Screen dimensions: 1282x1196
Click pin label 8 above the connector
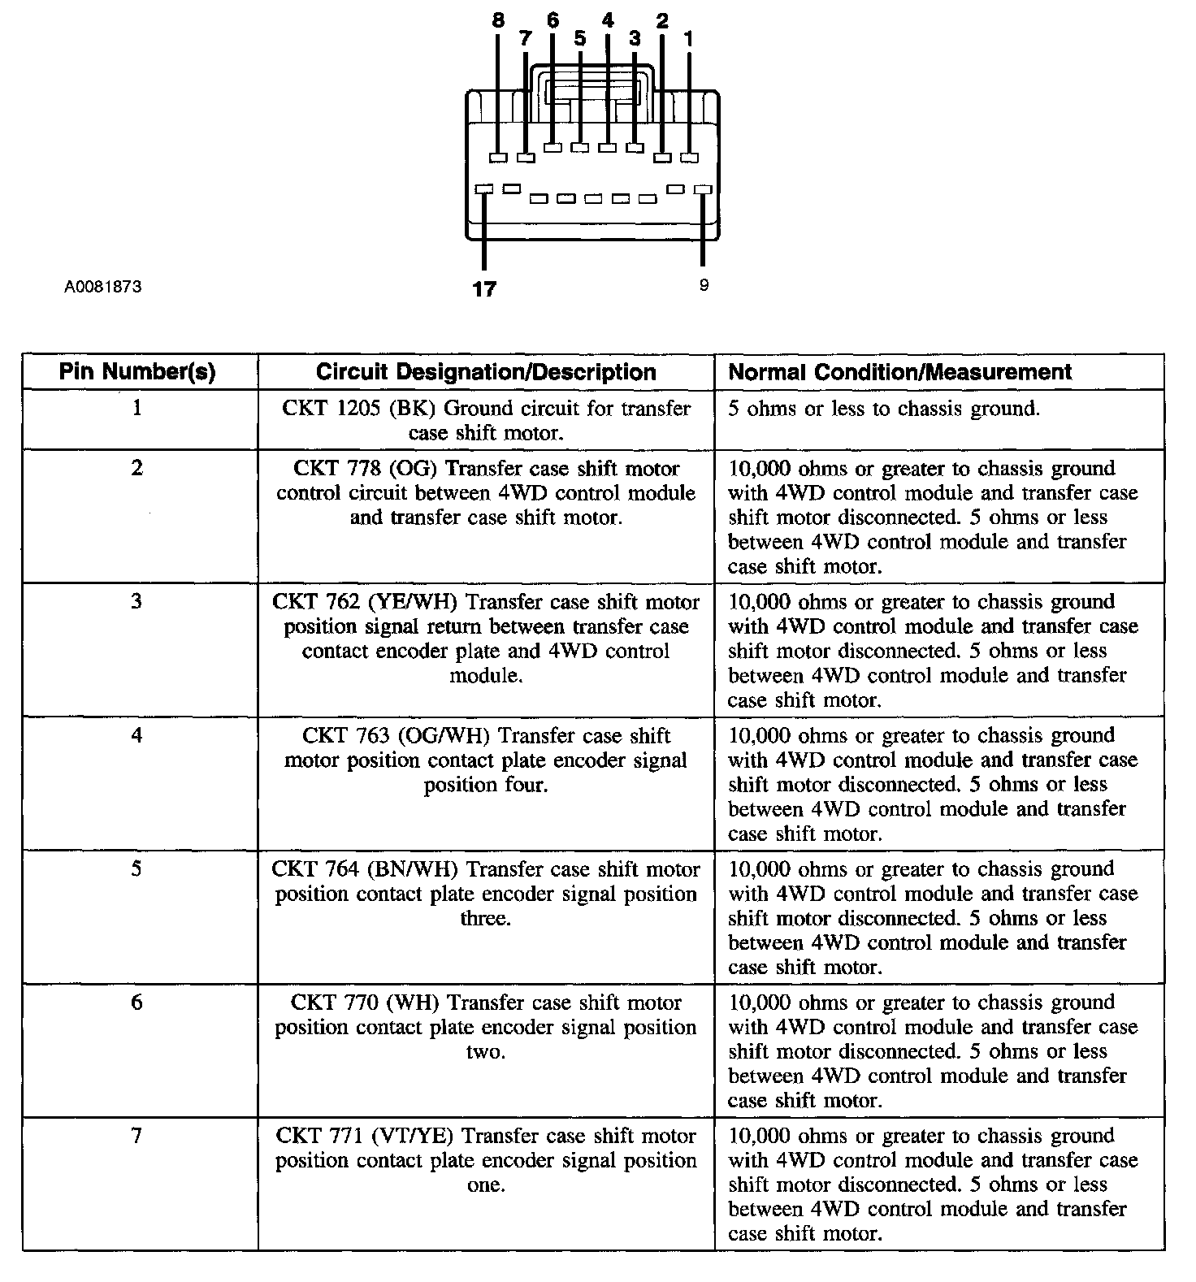coord(499,21)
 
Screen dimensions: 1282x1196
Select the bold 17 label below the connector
coord(484,288)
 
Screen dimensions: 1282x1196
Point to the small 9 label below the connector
coord(704,285)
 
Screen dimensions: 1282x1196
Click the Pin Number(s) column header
coord(137,372)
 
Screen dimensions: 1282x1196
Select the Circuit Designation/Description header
coord(486,372)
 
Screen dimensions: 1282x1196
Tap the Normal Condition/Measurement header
coord(899,372)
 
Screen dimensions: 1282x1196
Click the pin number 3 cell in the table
coord(136,602)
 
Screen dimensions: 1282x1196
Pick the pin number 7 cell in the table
coord(136,1136)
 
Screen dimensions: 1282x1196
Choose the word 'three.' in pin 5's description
coord(486,919)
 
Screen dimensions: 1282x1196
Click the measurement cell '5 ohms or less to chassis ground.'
coord(883,409)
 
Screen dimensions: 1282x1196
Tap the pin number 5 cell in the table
coord(136,869)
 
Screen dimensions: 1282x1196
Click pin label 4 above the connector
coord(608,21)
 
